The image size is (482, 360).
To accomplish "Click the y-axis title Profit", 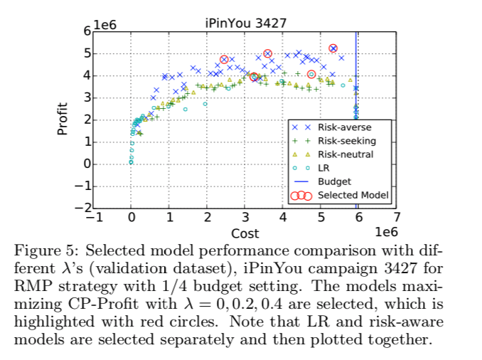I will coord(62,120).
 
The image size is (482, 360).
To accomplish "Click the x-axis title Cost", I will coord(245,233).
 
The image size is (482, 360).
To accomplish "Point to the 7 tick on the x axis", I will coord(397,218).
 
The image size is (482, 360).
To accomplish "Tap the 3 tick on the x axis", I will coord(245,218).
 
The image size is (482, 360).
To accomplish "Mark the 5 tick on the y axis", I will coord(87,53).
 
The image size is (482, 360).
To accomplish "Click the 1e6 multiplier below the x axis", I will coord(384,233).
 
